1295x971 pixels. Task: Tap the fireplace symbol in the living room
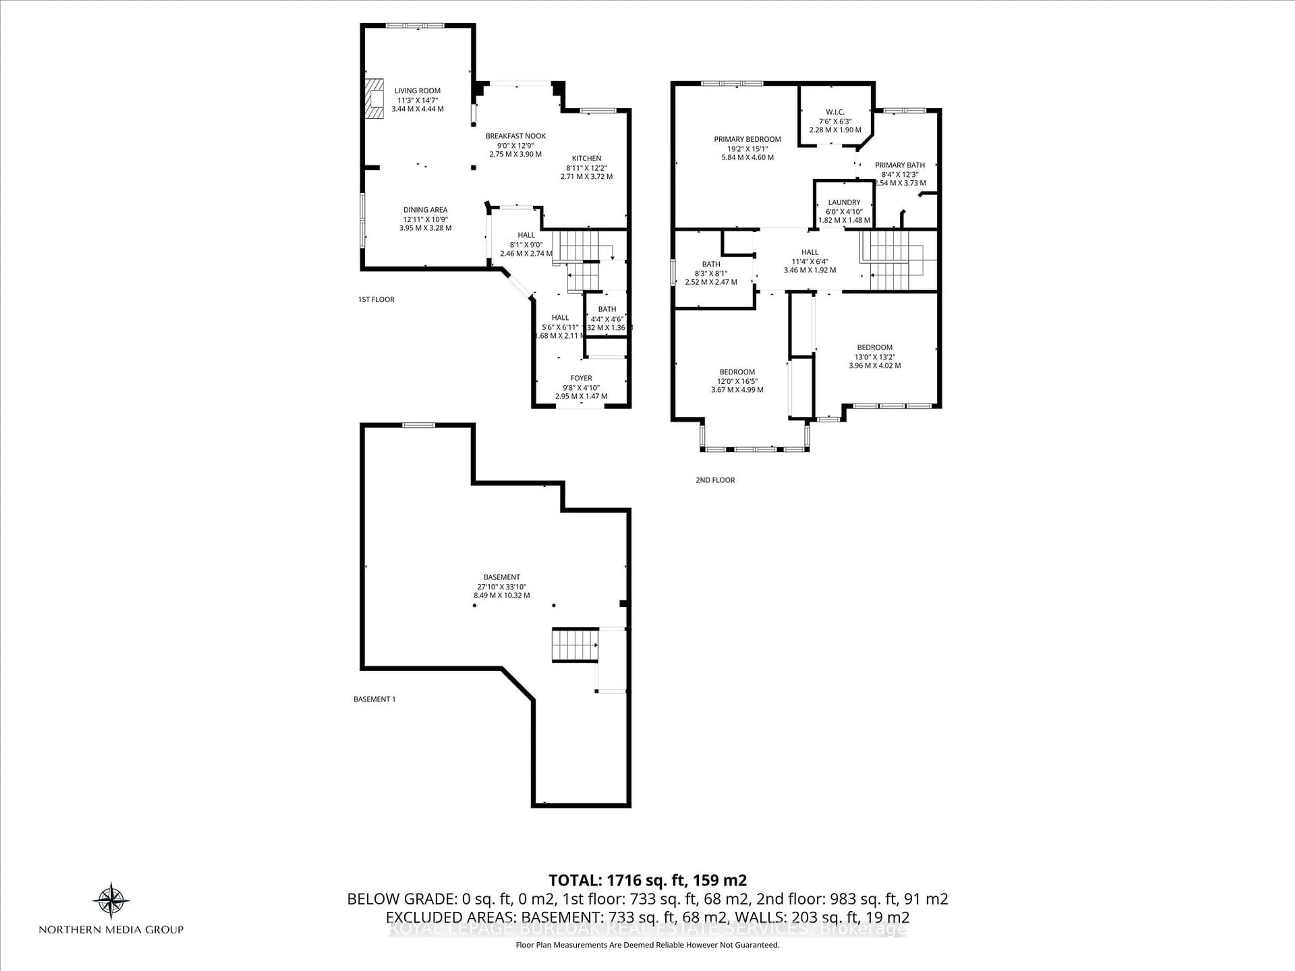(x=374, y=99)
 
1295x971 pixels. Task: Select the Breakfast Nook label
(x=515, y=136)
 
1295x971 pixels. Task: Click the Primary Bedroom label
(x=747, y=139)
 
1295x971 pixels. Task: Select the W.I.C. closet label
(x=835, y=112)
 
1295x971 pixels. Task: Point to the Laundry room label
(x=844, y=203)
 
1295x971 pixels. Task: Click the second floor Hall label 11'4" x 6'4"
(x=810, y=252)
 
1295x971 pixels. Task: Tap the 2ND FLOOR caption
(x=715, y=480)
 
